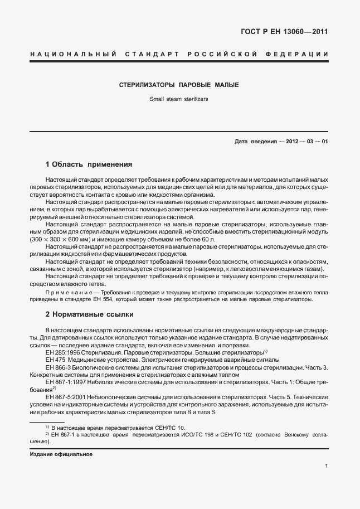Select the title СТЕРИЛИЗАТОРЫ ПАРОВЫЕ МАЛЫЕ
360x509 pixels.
(x=179, y=85)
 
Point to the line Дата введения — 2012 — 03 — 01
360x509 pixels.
(x=281, y=141)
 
